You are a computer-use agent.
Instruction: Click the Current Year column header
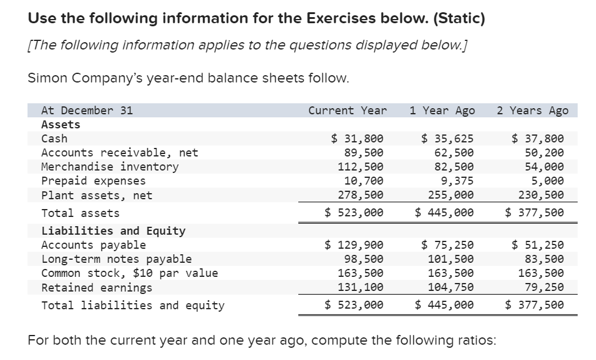click(x=347, y=111)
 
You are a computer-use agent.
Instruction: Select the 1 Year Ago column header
click(x=441, y=111)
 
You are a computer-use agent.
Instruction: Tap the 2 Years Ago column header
click(x=532, y=111)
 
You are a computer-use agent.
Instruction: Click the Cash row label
click(x=54, y=139)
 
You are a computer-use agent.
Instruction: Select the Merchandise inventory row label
click(x=110, y=167)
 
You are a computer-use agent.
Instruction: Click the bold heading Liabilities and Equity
click(x=113, y=231)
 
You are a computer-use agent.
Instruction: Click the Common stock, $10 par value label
click(x=130, y=273)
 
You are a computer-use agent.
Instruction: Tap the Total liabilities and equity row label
click(x=133, y=306)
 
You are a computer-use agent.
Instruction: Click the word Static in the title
click(x=458, y=18)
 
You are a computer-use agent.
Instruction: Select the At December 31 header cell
click(x=87, y=111)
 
